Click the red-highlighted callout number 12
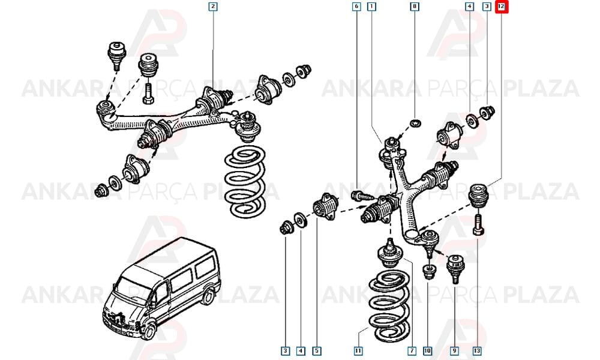click(501, 7)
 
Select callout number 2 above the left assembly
click(213, 7)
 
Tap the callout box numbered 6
click(356, 7)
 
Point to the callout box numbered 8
click(415, 7)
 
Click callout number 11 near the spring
click(358, 350)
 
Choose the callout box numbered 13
click(477, 350)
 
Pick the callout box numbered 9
click(454, 350)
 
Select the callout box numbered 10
click(427, 350)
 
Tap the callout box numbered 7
click(412, 350)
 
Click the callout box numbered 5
click(316, 350)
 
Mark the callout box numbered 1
click(371, 7)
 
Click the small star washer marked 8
click(415, 123)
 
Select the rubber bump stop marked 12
click(478, 195)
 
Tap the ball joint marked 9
click(455, 268)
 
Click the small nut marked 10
click(428, 272)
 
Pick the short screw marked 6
click(362, 196)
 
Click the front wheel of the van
click(148, 331)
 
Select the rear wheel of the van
click(208, 296)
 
